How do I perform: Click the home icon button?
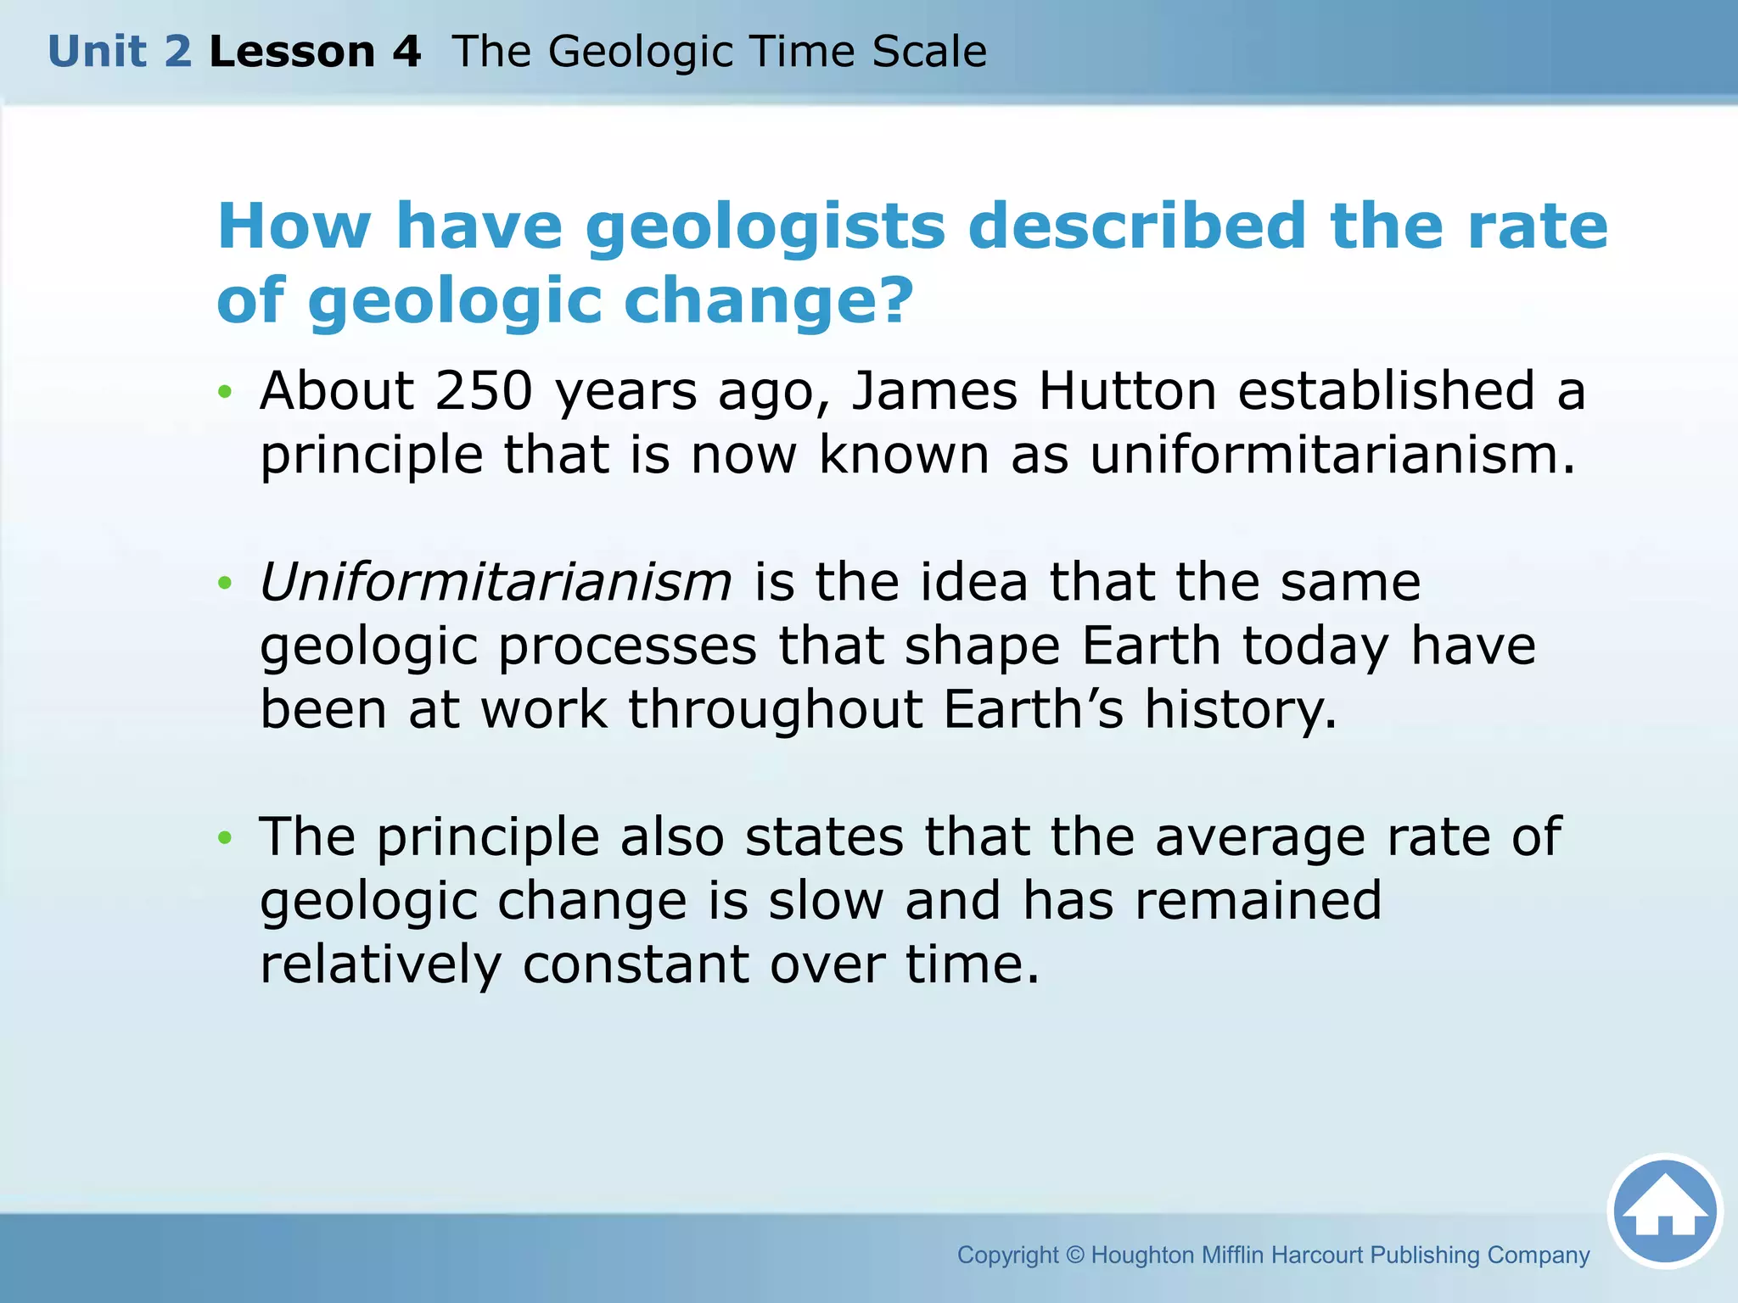pyautogui.click(x=1664, y=1212)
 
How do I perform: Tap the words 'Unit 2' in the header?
pyautogui.click(x=120, y=52)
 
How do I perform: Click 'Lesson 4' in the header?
pyautogui.click(x=315, y=52)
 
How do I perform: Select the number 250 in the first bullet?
pyautogui.click(x=484, y=391)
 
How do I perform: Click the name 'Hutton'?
pyautogui.click(x=1128, y=391)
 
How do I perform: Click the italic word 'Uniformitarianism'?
pyautogui.click(x=496, y=583)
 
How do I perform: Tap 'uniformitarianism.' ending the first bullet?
pyautogui.click(x=1332, y=456)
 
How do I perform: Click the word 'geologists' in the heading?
pyautogui.click(x=765, y=227)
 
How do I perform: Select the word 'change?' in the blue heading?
pyautogui.click(x=769, y=300)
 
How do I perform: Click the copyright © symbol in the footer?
pyautogui.click(x=1075, y=1255)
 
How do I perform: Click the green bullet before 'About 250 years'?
pyautogui.click(x=224, y=392)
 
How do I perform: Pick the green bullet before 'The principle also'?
pyautogui.click(x=224, y=838)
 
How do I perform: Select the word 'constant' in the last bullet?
pyautogui.click(x=636, y=965)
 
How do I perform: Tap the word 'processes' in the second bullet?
pyautogui.click(x=627, y=646)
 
